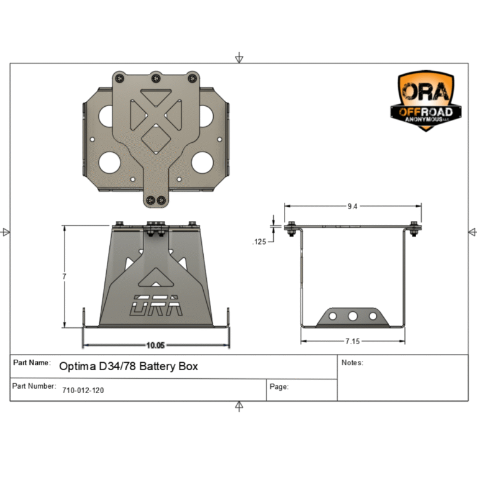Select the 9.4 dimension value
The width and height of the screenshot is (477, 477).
pos(353,207)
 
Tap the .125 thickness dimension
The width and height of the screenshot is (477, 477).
pos(260,242)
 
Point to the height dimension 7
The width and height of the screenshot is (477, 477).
pos(64,276)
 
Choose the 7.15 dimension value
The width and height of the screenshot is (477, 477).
pos(353,341)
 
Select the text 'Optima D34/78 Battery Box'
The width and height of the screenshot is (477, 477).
pos(129,366)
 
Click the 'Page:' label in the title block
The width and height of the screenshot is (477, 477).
pos(279,387)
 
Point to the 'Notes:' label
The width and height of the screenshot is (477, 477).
pos(352,363)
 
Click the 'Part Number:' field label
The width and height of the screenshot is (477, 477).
pos(34,386)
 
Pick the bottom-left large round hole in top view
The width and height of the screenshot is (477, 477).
pos(108,162)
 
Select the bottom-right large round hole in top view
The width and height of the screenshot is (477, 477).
pos(202,162)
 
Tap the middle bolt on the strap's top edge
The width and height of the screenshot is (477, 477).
pos(156,78)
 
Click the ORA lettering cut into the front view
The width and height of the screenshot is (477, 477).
pos(155,305)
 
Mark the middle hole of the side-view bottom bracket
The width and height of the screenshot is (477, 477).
pos(353,316)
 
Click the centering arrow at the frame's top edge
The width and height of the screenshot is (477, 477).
pos(239,58)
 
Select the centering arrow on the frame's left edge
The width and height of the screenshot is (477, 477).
pos(6,232)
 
